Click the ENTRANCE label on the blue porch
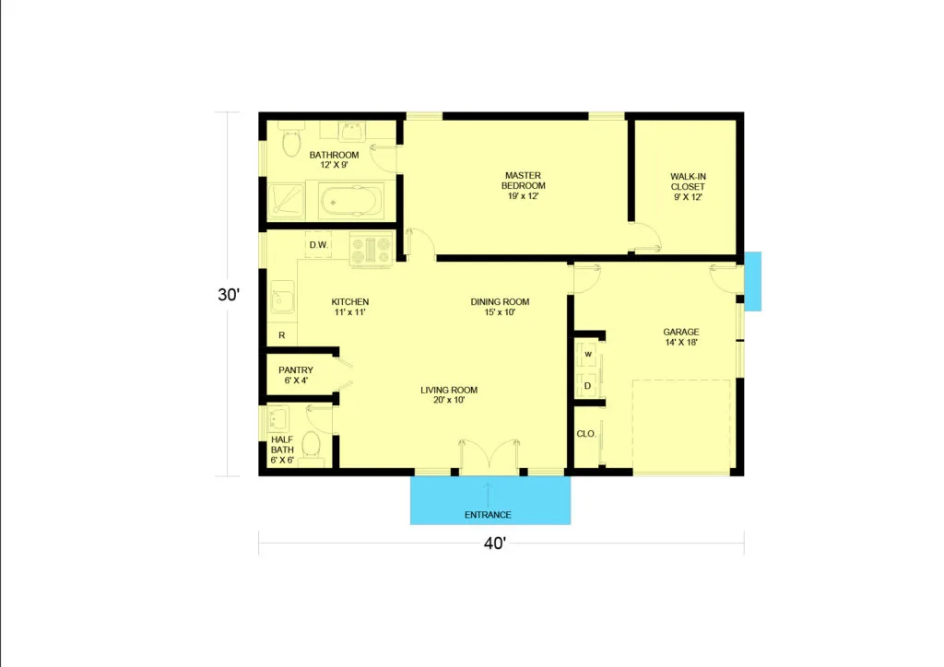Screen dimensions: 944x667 [x=488, y=515]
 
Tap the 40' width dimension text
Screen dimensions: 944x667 [x=495, y=544]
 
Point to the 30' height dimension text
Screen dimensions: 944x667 [x=229, y=295]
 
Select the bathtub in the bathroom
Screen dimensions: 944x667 [x=350, y=201]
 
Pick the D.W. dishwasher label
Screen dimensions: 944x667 [x=318, y=245]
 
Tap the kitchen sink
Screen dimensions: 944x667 [x=282, y=298]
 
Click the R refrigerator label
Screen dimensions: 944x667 [x=282, y=335]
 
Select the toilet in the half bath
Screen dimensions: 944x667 [x=312, y=444]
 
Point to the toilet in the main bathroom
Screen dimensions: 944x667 [x=291, y=142]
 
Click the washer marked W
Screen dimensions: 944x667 [x=588, y=355]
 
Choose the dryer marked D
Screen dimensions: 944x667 [x=587, y=385]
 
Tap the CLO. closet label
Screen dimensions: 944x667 [x=586, y=434]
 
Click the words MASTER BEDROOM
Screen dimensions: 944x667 [x=524, y=181]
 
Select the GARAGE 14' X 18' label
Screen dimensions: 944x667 [x=681, y=337]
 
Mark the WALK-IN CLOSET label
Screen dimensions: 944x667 [x=688, y=181]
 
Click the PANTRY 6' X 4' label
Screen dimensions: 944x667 [x=296, y=375]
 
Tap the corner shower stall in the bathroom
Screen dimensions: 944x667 [x=287, y=199]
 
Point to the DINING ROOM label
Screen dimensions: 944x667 [x=500, y=302]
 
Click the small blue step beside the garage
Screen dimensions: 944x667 [x=752, y=282]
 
